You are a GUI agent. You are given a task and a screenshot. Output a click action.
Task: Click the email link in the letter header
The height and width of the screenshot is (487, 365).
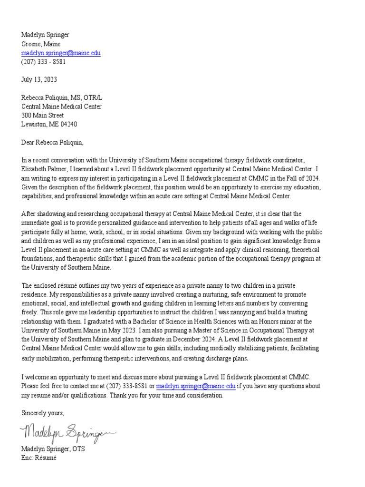61,53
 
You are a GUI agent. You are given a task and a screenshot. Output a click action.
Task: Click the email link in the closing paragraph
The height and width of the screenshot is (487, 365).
196,386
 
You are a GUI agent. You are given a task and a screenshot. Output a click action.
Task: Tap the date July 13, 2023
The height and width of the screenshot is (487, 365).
39,79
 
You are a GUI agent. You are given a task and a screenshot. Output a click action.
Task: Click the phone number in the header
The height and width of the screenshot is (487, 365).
43,62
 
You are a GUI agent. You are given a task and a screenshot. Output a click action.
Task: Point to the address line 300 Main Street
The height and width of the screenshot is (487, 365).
43,115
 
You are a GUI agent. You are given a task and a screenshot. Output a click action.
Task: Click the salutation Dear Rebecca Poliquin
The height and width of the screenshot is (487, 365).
55,142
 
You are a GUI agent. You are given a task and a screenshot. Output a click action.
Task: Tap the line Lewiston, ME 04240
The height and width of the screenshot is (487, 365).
49,124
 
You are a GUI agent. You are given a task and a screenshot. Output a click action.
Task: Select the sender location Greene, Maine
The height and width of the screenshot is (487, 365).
41,44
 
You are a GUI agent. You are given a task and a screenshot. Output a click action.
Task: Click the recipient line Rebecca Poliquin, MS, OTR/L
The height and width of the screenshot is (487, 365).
62,97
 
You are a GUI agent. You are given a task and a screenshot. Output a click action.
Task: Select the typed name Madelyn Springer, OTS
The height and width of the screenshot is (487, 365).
53,448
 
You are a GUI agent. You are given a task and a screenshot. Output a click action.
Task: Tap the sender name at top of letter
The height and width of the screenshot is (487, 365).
45,35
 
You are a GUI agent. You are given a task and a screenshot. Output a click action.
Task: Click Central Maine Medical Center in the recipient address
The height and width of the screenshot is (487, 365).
61,107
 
